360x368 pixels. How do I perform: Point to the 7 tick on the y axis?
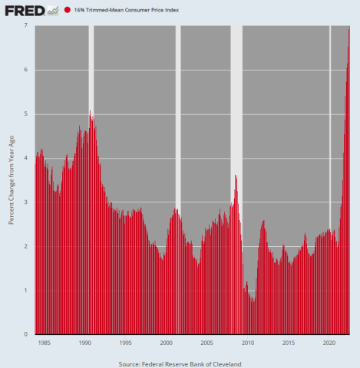[x=26, y=25]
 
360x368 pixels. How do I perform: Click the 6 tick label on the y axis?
[x=26, y=70]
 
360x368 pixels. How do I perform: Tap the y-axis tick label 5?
[x=26, y=113]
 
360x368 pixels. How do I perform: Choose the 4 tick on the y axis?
[x=26, y=158]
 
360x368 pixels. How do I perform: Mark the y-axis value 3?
[x=26, y=202]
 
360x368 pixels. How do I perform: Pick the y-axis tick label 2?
[x=26, y=247]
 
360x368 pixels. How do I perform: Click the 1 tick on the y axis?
[x=26, y=291]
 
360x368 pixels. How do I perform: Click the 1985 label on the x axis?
[x=45, y=342]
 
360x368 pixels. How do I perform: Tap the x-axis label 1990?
[x=85, y=342]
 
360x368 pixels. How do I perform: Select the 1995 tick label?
[x=126, y=342]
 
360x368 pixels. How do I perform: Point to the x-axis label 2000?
[x=167, y=342]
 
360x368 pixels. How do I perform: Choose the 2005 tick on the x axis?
[x=207, y=342]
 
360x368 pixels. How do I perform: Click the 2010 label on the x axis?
[x=248, y=342]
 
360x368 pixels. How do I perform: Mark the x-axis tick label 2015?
[x=289, y=342]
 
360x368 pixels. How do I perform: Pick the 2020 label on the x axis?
[x=329, y=342]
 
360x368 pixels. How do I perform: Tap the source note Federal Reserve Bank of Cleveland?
[x=180, y=362]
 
